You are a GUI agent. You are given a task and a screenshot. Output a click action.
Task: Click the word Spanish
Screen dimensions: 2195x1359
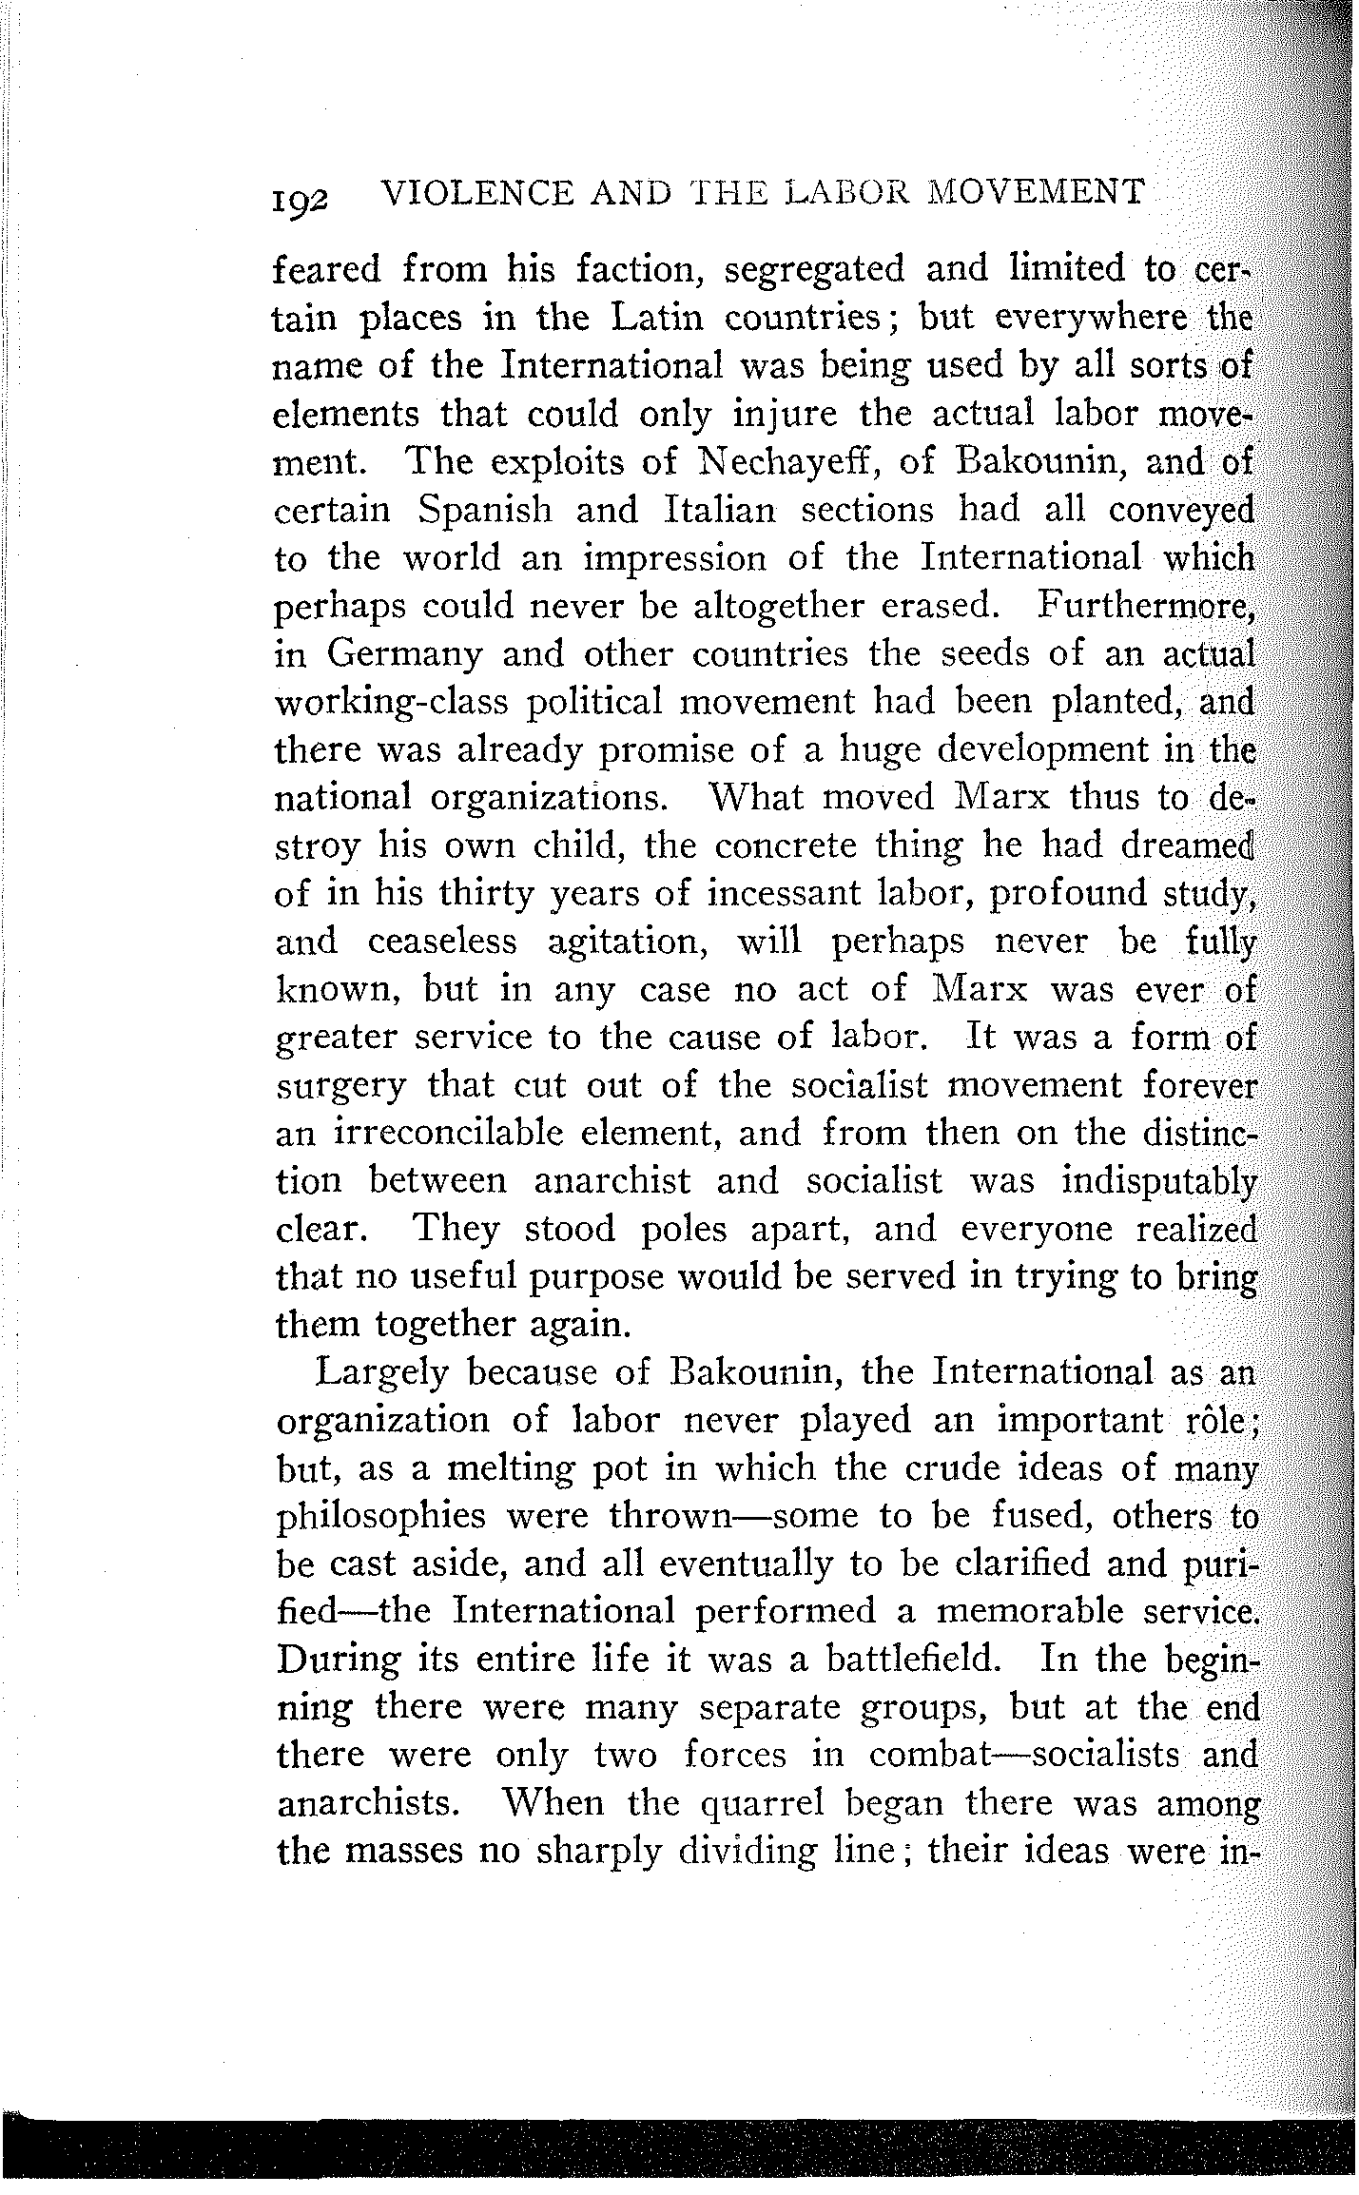[x=484, y=511]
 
